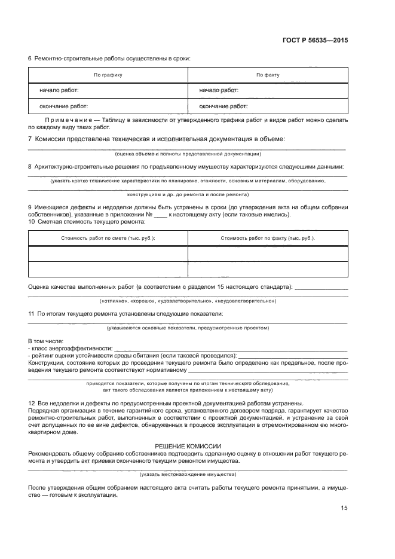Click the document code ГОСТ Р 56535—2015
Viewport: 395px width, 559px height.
coord(315,41)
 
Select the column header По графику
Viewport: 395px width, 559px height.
coord(108,75)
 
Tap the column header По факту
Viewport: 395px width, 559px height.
coord(268,75)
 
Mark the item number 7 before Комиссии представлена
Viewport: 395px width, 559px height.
coord(30,139)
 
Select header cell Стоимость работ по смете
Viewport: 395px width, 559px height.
coord(108,238)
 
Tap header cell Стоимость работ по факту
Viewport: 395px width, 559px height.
coord(268,238)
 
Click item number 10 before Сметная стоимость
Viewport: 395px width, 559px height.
coord(32,222)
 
